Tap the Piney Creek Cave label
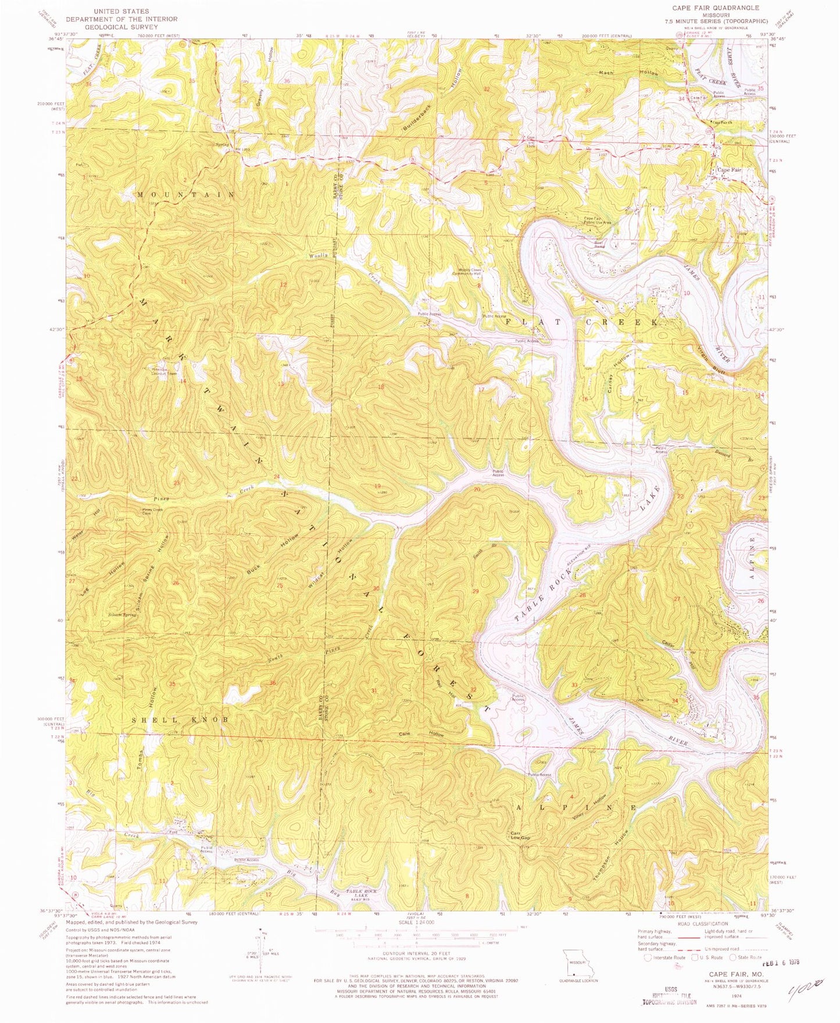tap(153, 511)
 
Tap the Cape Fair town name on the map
tap(729, 170)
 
